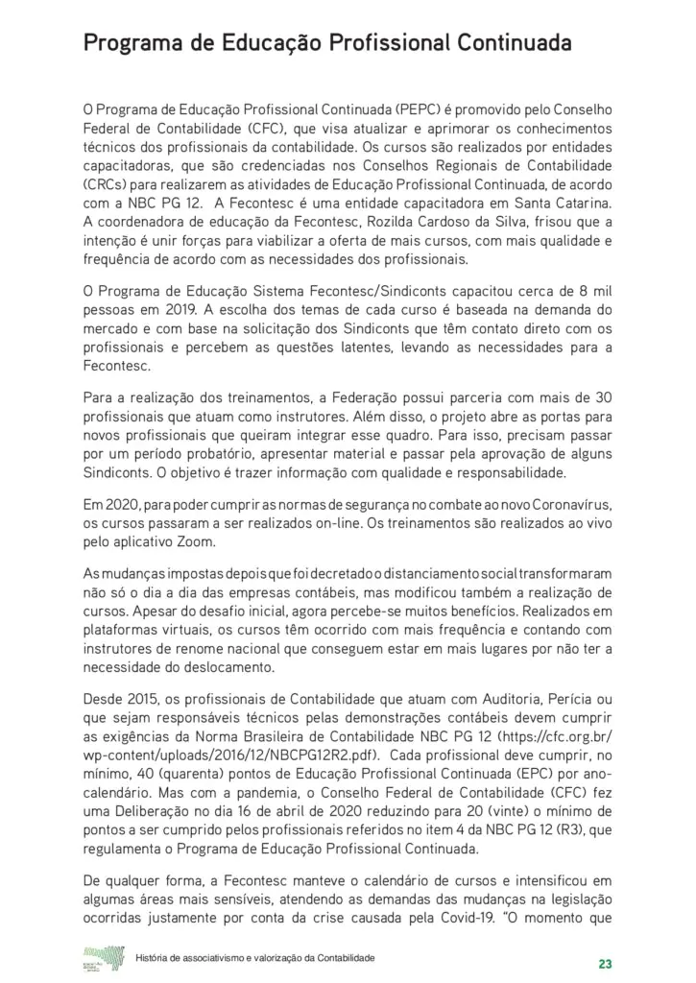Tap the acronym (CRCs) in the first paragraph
105,184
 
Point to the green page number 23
605,964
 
